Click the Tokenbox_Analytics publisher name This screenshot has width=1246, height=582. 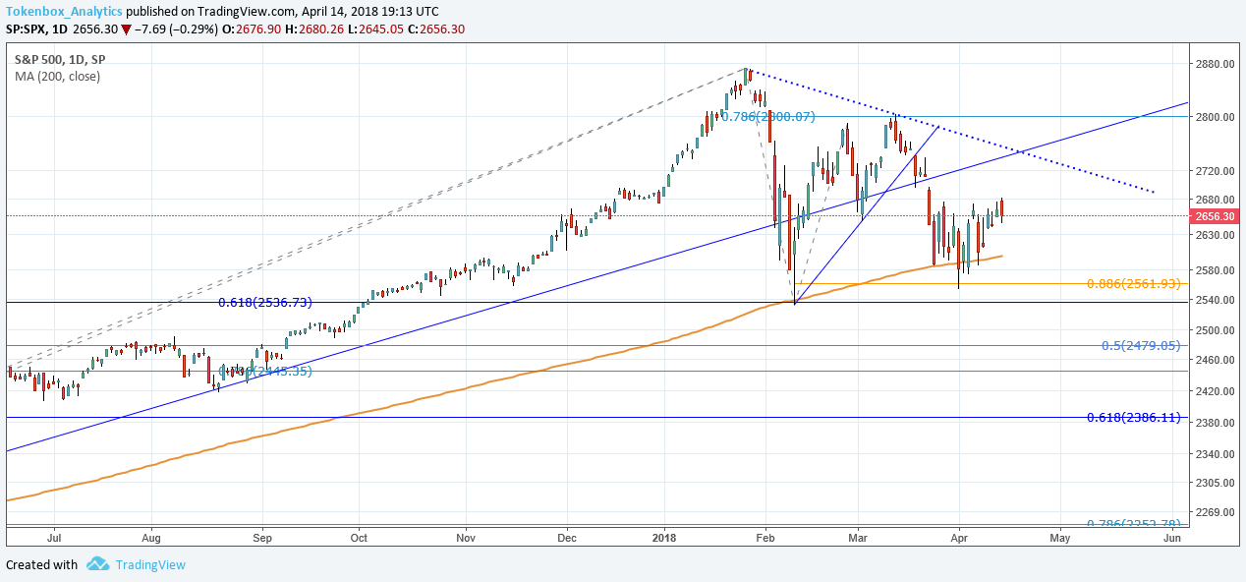point(65,11)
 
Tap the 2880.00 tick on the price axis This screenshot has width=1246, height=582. point(1215,64)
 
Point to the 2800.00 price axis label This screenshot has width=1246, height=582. point(1215,117)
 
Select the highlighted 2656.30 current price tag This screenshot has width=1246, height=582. point(1217,216)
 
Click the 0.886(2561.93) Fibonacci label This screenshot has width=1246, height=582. point(1133,284)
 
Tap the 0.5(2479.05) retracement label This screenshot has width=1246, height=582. point(1141,346)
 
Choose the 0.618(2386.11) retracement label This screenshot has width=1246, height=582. point(1133,418)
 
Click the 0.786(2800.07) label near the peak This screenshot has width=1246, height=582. point(768,117)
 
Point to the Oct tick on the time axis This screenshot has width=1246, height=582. point(359,539)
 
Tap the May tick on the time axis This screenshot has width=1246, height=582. point(1059,539)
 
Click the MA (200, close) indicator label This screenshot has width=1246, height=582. point(57,76)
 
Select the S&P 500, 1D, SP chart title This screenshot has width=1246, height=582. point(60,59)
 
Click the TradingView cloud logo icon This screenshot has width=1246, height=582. point(97,564)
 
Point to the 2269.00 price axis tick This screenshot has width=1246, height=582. point(1215,513)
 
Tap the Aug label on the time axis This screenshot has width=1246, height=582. point(150,539)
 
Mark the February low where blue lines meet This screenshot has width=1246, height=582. point(793,303)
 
